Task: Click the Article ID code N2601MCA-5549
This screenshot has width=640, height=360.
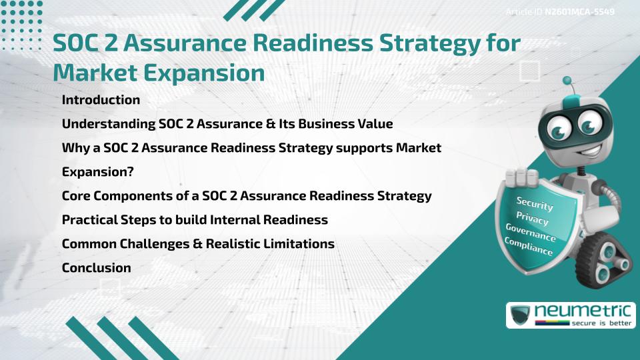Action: pos(579,12)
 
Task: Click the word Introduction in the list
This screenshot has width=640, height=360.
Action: pos(101,100)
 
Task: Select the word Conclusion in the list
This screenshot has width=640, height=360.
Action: pos(96,268)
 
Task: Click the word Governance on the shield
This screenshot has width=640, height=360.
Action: pos(531,233)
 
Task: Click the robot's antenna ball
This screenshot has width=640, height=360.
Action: pos(568,81)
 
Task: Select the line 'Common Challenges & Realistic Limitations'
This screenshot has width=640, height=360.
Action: pos(198,244)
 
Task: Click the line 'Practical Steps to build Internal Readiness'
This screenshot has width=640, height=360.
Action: pos(195,220)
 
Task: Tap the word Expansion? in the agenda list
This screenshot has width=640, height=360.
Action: pos(98,172)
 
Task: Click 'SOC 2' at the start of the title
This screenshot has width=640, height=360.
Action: pos(83,43)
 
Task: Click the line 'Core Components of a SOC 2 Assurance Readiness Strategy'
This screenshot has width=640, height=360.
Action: pos(247,196)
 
